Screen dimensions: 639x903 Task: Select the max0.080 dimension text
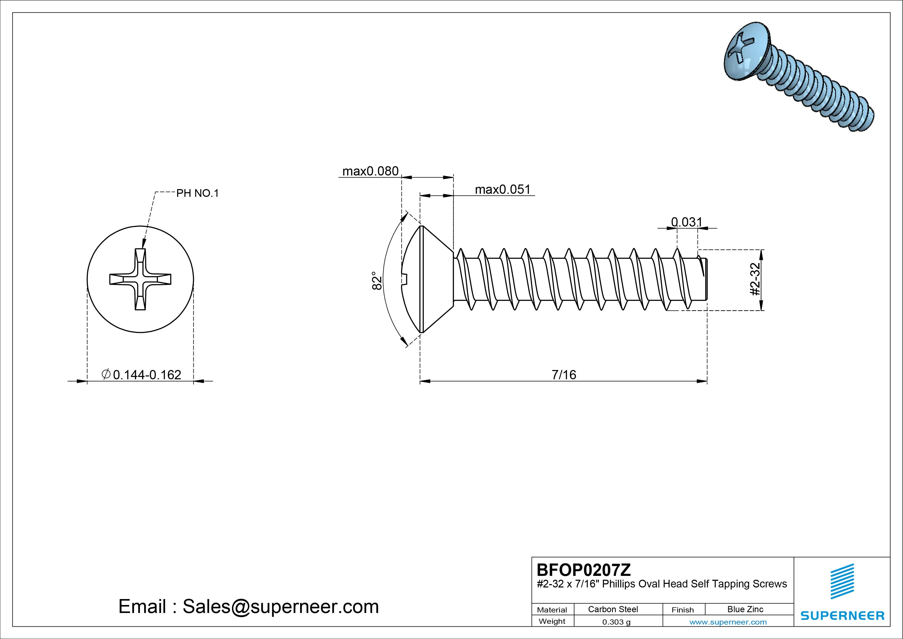click(x=370, y=171)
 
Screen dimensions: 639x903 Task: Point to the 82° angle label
click(x=377, y=280)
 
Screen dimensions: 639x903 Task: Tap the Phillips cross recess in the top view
click(x=140, y=279)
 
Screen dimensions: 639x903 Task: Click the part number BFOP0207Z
click(x=584, y=570)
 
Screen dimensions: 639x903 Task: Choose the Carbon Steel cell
click(x=613, y=609)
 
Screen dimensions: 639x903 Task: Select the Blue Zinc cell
click(x=745, y=609)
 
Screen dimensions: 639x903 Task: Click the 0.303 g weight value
click(x=616, y=622)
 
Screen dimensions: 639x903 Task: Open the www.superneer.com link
click(x=728, y=622)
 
